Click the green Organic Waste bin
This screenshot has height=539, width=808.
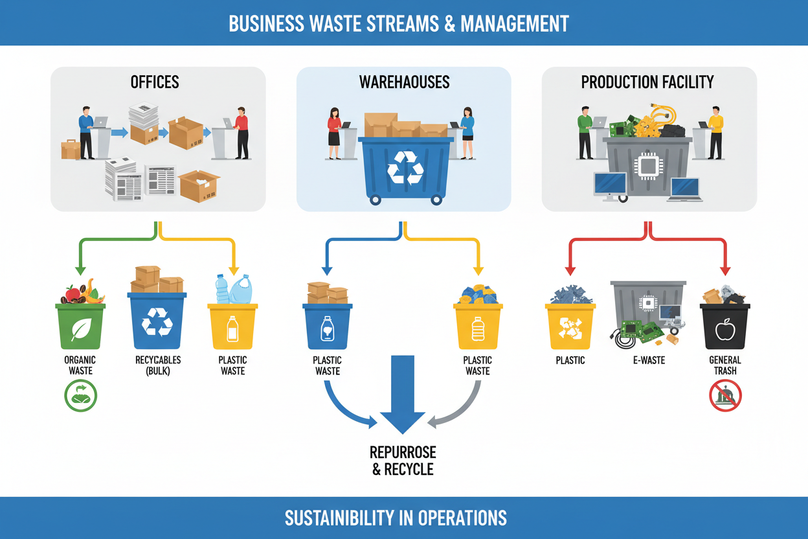coord(80,327)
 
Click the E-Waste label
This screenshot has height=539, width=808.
coord(648,360)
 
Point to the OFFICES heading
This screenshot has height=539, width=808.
coord(155,82)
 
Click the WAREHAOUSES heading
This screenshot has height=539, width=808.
coord(404,82)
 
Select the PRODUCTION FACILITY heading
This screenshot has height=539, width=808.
coord(647,82)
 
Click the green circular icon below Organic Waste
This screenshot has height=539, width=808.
coord(81,395)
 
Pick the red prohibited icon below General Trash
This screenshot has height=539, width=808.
coord(725,395)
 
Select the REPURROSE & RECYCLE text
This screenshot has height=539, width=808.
coord(403,461)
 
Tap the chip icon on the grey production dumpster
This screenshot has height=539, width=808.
coord(648,165)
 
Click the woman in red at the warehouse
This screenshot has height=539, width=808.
coord(334,132)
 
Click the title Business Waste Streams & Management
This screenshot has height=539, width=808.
coord(399,23)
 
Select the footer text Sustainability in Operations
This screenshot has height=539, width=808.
coord(396,518)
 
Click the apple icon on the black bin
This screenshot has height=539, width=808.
coord(725,331)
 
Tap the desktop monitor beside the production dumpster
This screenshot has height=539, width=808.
coord(610,185)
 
